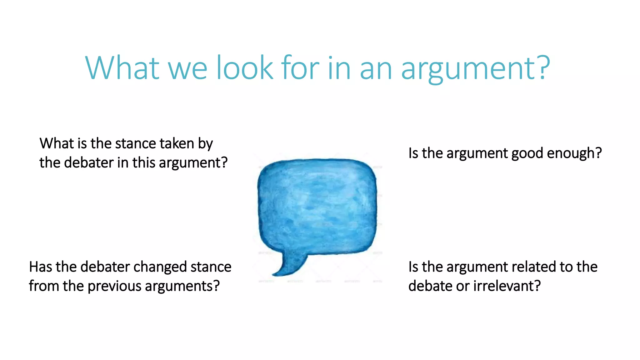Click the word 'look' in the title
click(245, 68)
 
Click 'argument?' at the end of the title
click(475, 69)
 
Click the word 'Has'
click(40, 267)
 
